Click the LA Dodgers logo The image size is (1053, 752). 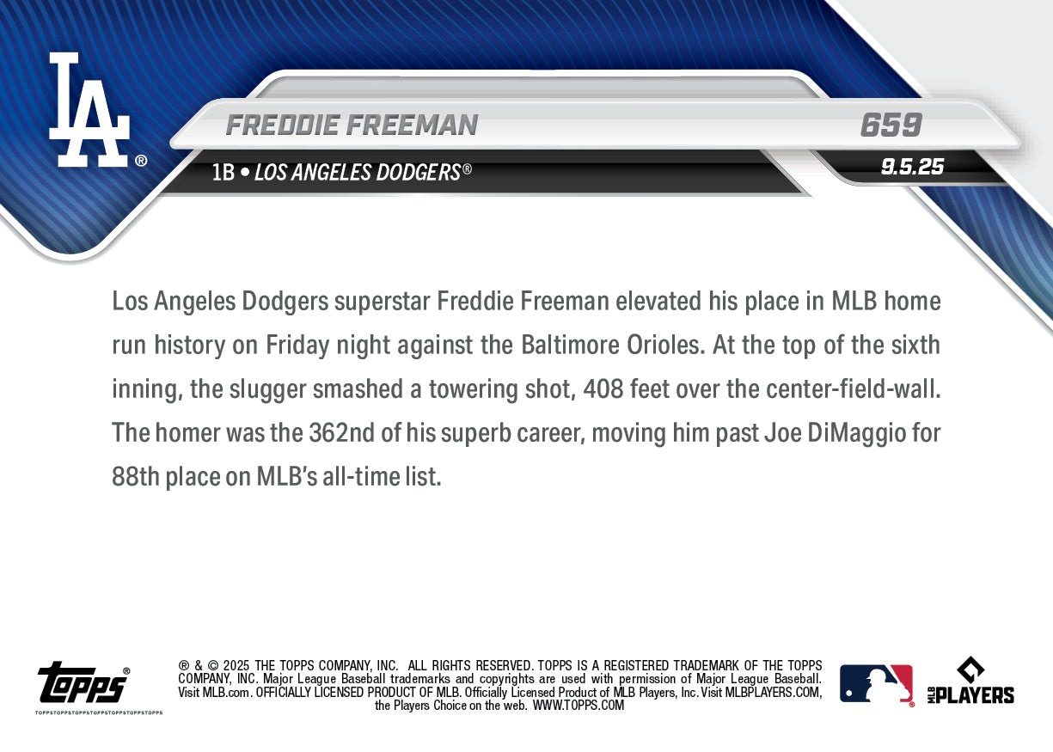click(x=90, y=109)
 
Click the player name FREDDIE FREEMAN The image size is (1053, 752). click(x=352, y=125)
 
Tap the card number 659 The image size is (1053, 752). click(x=891, y=125)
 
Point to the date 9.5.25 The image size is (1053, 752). click(x=912, y=167)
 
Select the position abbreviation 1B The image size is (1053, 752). click(x=223, y=173)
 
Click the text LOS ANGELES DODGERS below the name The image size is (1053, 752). click(x=358, y=173)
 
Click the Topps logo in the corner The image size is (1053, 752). click(x=83, y=684)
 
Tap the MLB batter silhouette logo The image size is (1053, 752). click(x=876, y=684)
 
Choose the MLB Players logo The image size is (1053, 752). click(x=970, y=682)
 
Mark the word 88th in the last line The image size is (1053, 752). click(x=136, y=477)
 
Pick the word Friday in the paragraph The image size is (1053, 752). click(x=297, y=345)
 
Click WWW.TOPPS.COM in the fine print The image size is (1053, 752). click(x=579, y=706)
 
